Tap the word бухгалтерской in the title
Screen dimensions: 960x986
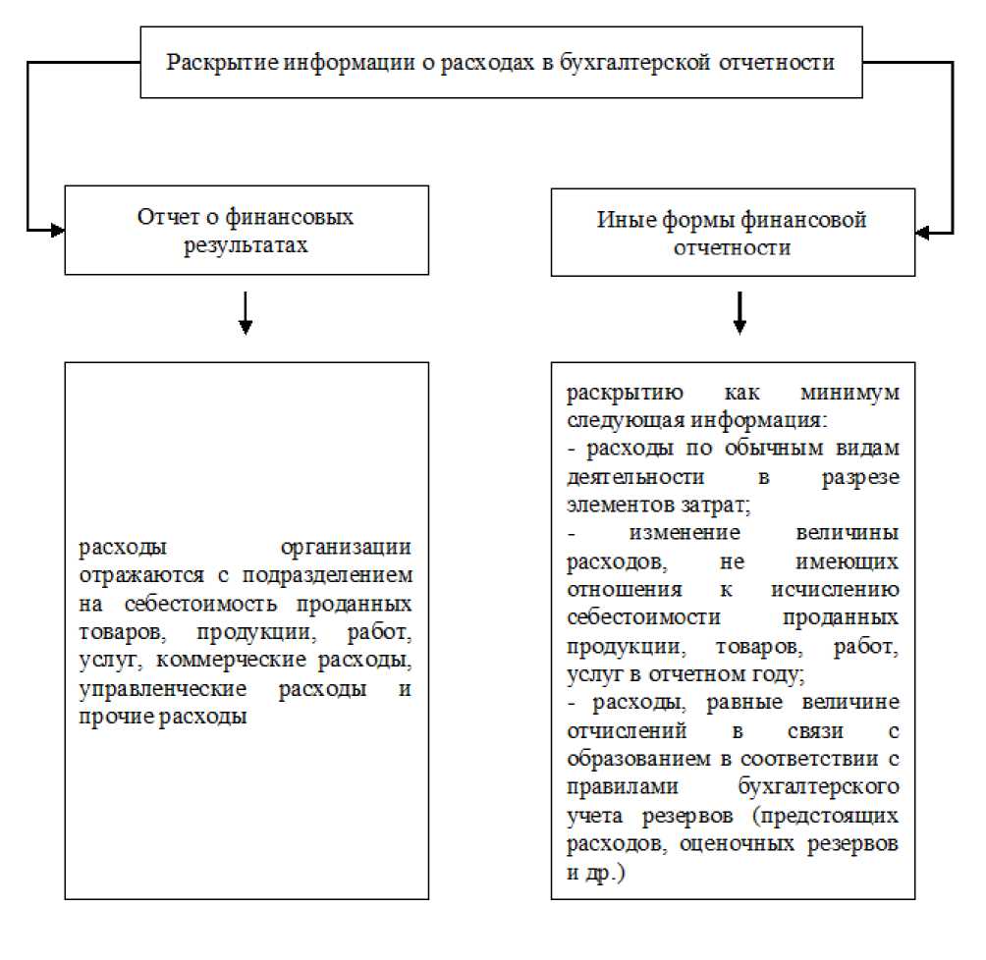coord(634,63)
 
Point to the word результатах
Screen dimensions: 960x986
coord(246,245)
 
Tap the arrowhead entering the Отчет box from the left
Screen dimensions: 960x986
coord(57,231)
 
